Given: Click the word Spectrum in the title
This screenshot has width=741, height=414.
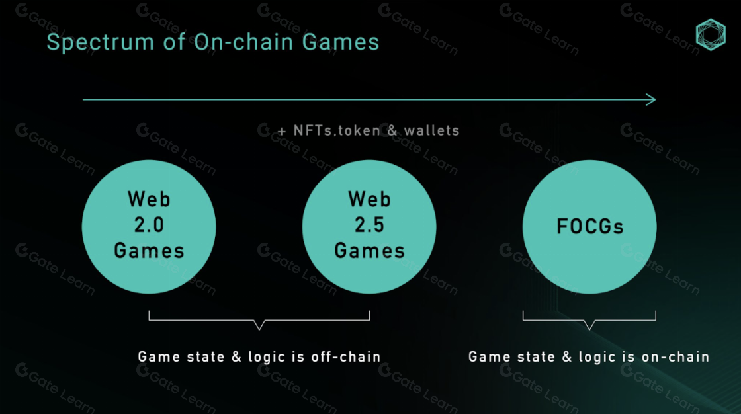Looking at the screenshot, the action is point(100,42).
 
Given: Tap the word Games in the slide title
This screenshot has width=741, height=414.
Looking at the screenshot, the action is point(340,42).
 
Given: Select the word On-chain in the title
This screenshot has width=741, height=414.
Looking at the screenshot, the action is point(244,42).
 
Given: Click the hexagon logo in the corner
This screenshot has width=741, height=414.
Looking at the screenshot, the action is point(711,34).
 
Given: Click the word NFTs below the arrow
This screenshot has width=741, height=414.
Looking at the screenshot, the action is point(313,130).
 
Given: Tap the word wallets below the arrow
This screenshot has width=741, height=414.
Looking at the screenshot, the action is point(431,130).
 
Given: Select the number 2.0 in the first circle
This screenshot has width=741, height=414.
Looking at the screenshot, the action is point(149,225).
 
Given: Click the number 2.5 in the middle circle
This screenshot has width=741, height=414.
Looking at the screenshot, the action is point(370,225).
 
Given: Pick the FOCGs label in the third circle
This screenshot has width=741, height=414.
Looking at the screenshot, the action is point(589,226).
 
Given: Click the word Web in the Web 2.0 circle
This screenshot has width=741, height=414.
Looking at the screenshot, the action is point(149,200).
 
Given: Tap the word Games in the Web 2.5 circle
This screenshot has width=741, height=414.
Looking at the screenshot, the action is point(370,251).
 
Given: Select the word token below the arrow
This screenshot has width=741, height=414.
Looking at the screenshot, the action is point(360,130).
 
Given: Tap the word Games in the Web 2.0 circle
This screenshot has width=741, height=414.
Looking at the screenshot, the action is point(149,251).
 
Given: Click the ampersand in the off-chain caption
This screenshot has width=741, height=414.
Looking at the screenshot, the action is point(236,357).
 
